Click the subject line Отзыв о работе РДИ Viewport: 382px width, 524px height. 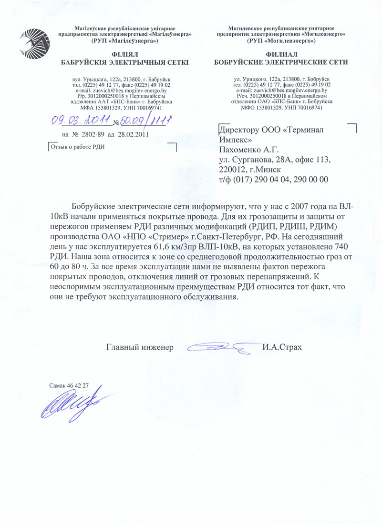click(x=78, y=146)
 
